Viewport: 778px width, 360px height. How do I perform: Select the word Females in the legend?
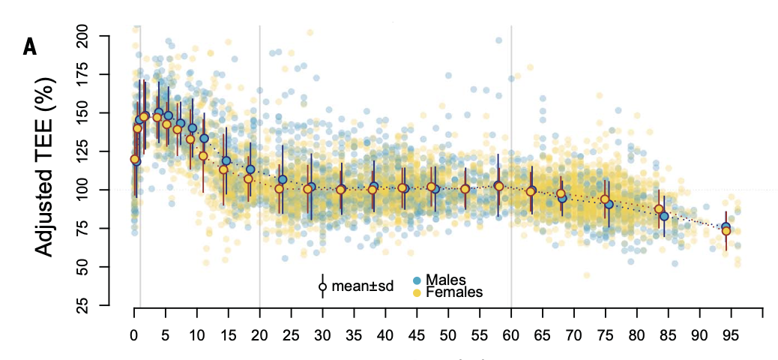pyautogui.click(x=454, y=292)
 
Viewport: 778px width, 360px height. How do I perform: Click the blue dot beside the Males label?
pyautogui.click(x=417, y=280)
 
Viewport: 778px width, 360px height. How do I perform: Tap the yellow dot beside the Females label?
pyautogui.click(x=417, y=291)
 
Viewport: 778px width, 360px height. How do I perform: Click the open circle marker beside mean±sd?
pyautogui.click(x=322, y=286)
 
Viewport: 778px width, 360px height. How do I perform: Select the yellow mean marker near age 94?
pyautogui.click(x=726, y=231)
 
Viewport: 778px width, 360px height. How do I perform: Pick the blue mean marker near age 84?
pyautogui.click(x=664, y=217)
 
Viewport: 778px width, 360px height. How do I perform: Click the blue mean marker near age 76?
pyautogui.click(x=609, y=205)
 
